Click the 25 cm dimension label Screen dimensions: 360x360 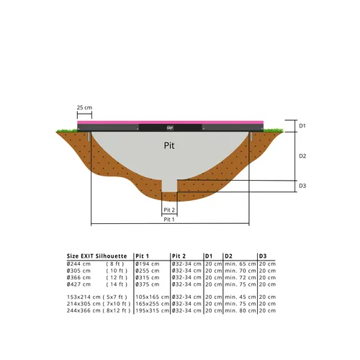coord(84,108)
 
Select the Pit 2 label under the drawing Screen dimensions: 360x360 coord(169,210)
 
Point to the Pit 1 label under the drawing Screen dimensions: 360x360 coord(169,220)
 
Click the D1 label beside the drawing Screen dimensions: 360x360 coord(302,126)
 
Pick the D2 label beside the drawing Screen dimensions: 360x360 coord(302,156)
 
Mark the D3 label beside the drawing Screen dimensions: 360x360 coord(302,186)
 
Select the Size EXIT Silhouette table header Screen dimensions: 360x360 coord(97,256)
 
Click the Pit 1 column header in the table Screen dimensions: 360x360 coord(143,256)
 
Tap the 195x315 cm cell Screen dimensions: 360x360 coord(152,310)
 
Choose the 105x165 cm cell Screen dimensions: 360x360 coord(152,297)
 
